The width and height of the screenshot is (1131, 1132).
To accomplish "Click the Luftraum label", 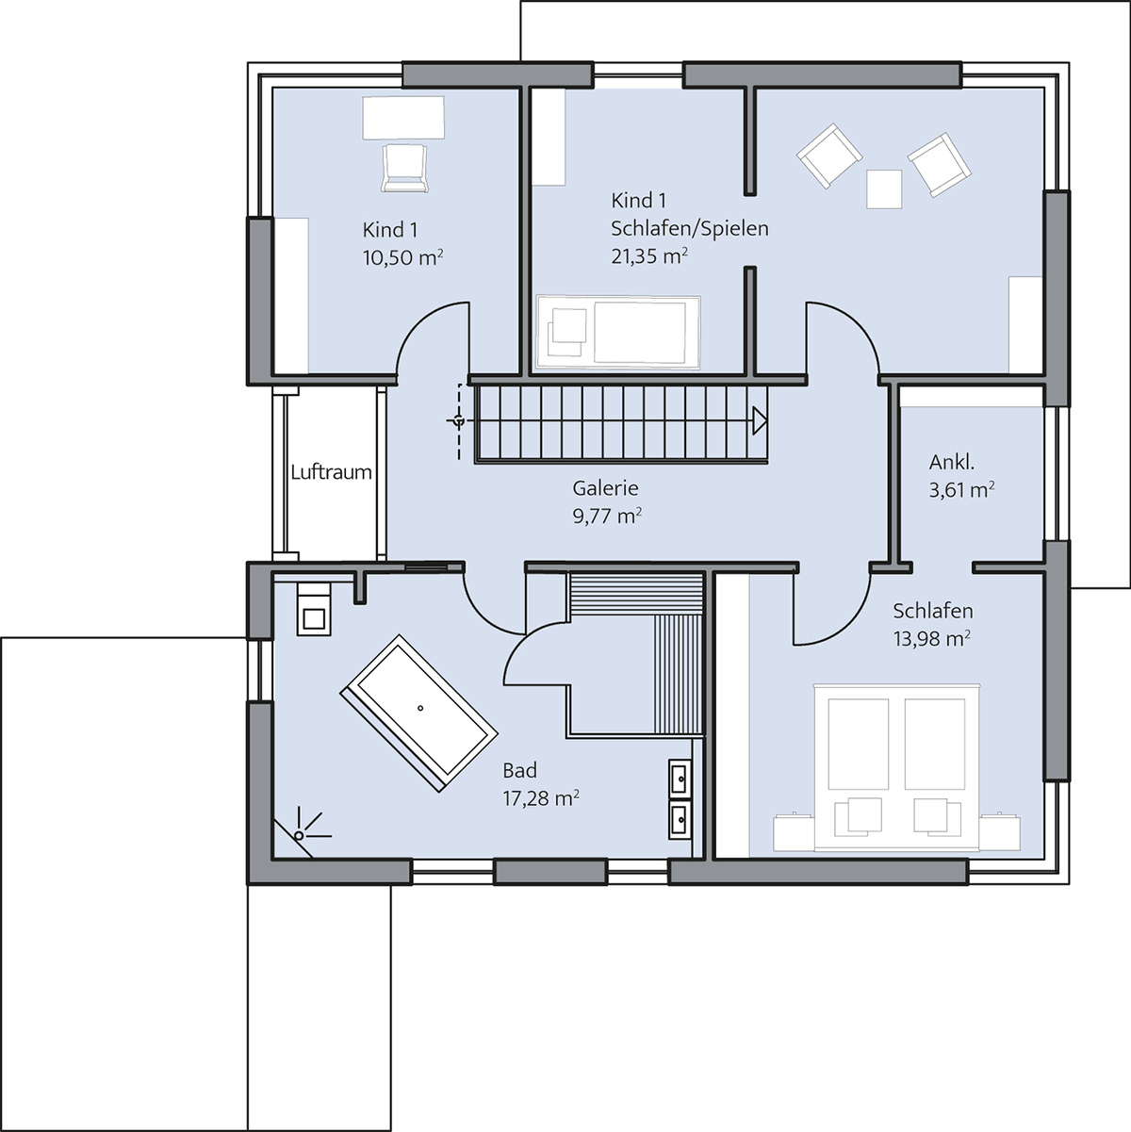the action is click(332, 472).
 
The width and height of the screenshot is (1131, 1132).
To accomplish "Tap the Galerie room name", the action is click(605, 488).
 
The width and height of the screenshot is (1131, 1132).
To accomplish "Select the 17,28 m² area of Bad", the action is click(541, 798).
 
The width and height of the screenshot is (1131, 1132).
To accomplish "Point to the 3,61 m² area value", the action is click(961, 490).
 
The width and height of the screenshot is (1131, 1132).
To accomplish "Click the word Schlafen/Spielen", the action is click(690, 228).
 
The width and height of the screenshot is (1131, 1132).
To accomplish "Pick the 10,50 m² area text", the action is click(402, 258).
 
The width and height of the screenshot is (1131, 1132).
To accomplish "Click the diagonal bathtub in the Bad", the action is click(418, 714).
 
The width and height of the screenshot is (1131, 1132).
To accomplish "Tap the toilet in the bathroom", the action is click(314, 609).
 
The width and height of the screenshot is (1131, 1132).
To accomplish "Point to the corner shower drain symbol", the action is click(299, 835).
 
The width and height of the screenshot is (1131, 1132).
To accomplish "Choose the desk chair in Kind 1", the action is click(403, 168).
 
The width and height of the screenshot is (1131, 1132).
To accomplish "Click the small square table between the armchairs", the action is click(884, 189).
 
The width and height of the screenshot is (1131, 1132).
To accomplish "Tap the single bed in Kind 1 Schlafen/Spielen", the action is click(618, 333).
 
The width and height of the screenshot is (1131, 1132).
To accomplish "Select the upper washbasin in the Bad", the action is click(680, 779).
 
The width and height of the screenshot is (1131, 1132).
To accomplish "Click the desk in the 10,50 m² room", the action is click(403, 118).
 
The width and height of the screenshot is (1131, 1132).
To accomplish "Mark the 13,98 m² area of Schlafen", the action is click(932, 638).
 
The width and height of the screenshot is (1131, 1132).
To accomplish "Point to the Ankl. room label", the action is click(951, 463).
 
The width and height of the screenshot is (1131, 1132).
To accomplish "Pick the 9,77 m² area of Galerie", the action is click(607, 517).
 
